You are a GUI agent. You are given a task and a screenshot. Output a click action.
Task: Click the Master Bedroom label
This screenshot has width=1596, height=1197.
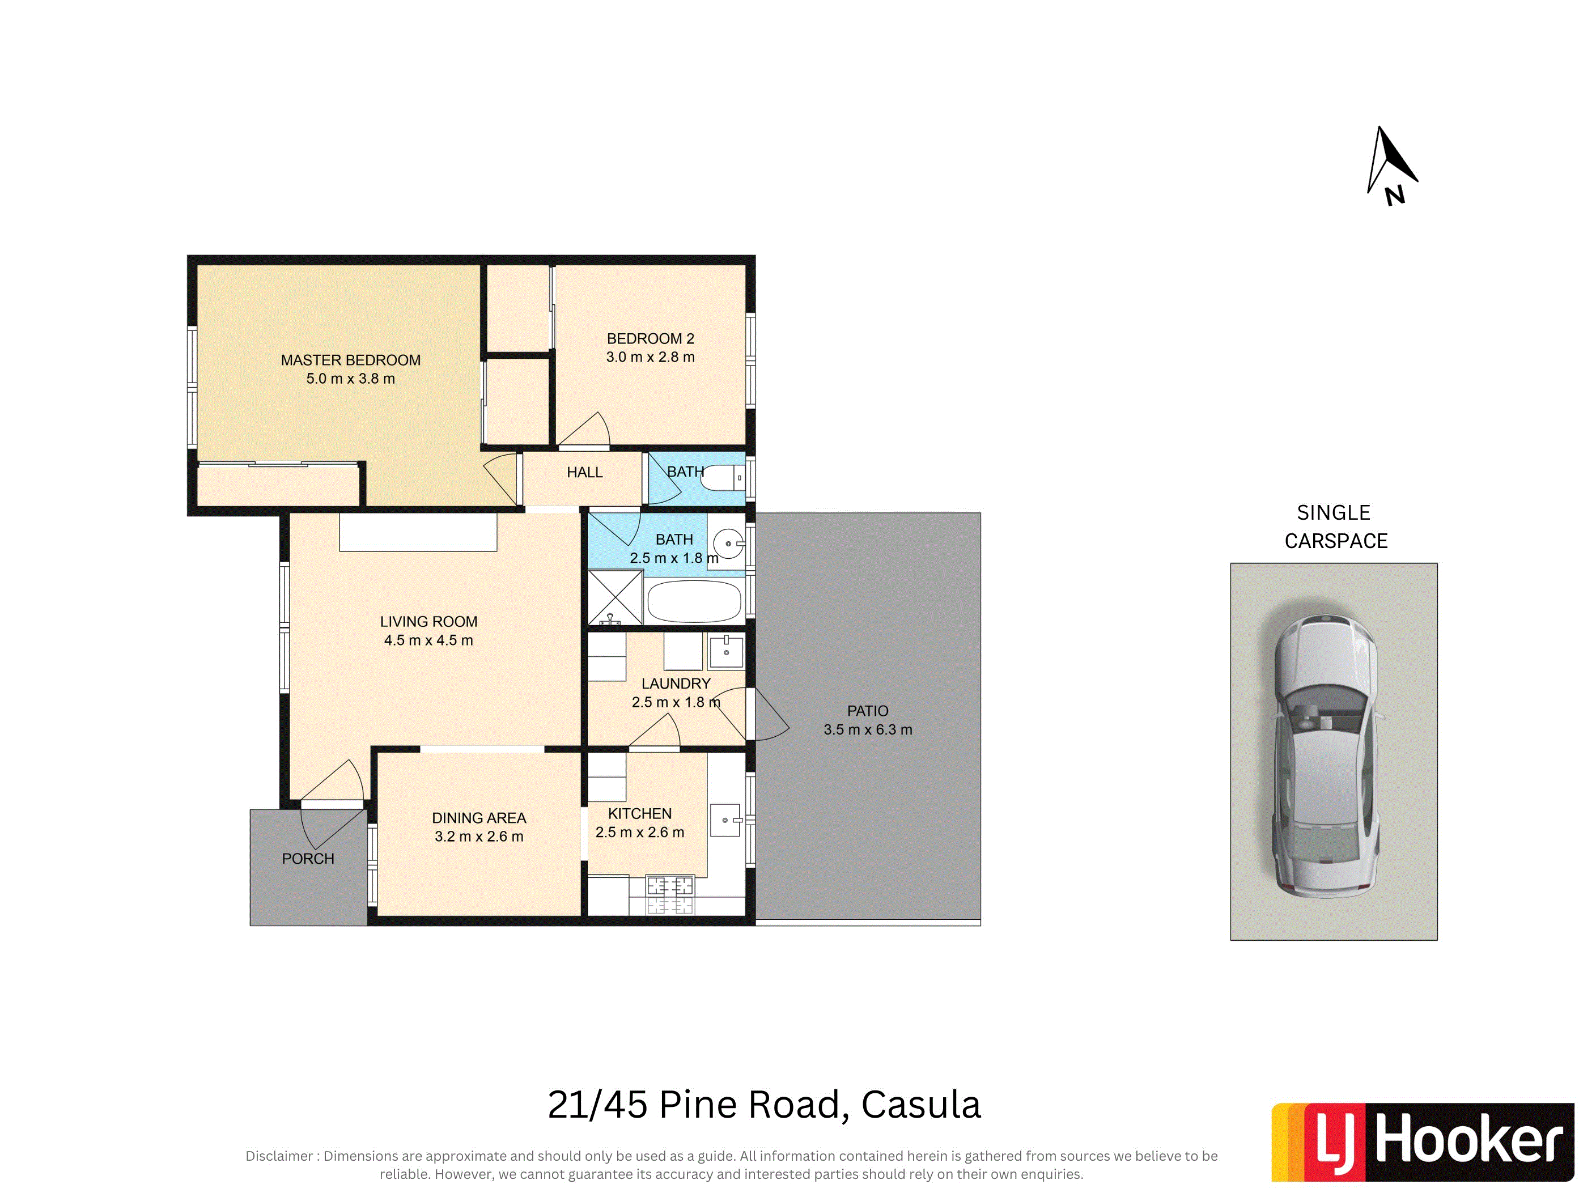pos(351,360)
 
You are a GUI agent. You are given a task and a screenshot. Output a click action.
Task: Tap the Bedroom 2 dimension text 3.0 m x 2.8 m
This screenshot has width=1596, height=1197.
pos(650,357)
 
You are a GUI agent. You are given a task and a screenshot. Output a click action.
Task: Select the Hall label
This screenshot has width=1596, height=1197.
pos(584,473)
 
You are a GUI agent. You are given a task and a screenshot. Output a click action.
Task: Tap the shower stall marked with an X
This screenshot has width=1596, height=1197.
pos(615,597)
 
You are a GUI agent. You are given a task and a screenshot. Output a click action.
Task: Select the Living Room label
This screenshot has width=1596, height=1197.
pos(428,622)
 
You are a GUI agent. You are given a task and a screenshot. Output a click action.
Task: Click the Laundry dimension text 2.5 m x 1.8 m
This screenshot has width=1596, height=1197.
pos(676,703)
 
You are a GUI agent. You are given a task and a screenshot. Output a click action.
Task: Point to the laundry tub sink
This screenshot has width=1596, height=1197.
pos(726,652)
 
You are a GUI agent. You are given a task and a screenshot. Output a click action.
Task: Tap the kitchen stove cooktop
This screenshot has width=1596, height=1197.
pos(670,895)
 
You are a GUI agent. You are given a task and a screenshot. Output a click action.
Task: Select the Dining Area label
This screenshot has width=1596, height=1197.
pos(479,818)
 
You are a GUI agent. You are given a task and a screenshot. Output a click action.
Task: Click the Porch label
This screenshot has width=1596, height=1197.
pos(308,859)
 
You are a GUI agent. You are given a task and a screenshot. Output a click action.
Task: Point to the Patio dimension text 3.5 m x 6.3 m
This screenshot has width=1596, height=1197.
pos(868,730)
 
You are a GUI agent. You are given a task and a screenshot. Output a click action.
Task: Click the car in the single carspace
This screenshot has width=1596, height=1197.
pos(1326,756)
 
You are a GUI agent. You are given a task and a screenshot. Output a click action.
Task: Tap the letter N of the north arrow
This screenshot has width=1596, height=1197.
pos(1395,196)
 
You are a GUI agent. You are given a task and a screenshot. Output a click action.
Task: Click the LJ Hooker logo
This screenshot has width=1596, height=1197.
pos(1422,1142)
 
